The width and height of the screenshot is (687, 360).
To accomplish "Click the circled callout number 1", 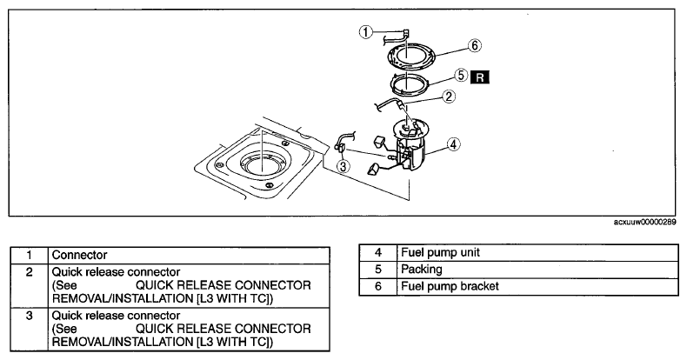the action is (366, 32).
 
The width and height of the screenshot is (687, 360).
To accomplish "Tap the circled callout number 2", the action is (449, 97).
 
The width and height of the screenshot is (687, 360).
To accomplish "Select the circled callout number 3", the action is (343, 166).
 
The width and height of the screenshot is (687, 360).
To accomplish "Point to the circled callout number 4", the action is (454, 144).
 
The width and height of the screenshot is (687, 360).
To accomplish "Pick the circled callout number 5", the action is (461, 76).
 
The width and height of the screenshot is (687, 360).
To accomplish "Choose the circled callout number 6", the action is (475, 45).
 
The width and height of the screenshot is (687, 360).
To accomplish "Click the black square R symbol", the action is (480, 77).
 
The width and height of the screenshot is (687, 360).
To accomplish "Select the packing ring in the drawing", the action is (391, 84).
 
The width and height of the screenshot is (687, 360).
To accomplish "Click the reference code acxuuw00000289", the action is (644, 222).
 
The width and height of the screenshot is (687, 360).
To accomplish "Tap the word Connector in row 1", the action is (79, 255).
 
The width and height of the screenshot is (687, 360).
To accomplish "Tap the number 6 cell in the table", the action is (378, 286).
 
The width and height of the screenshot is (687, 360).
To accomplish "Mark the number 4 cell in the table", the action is (378, 253).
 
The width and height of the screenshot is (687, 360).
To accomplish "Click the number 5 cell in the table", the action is (378, 270).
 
